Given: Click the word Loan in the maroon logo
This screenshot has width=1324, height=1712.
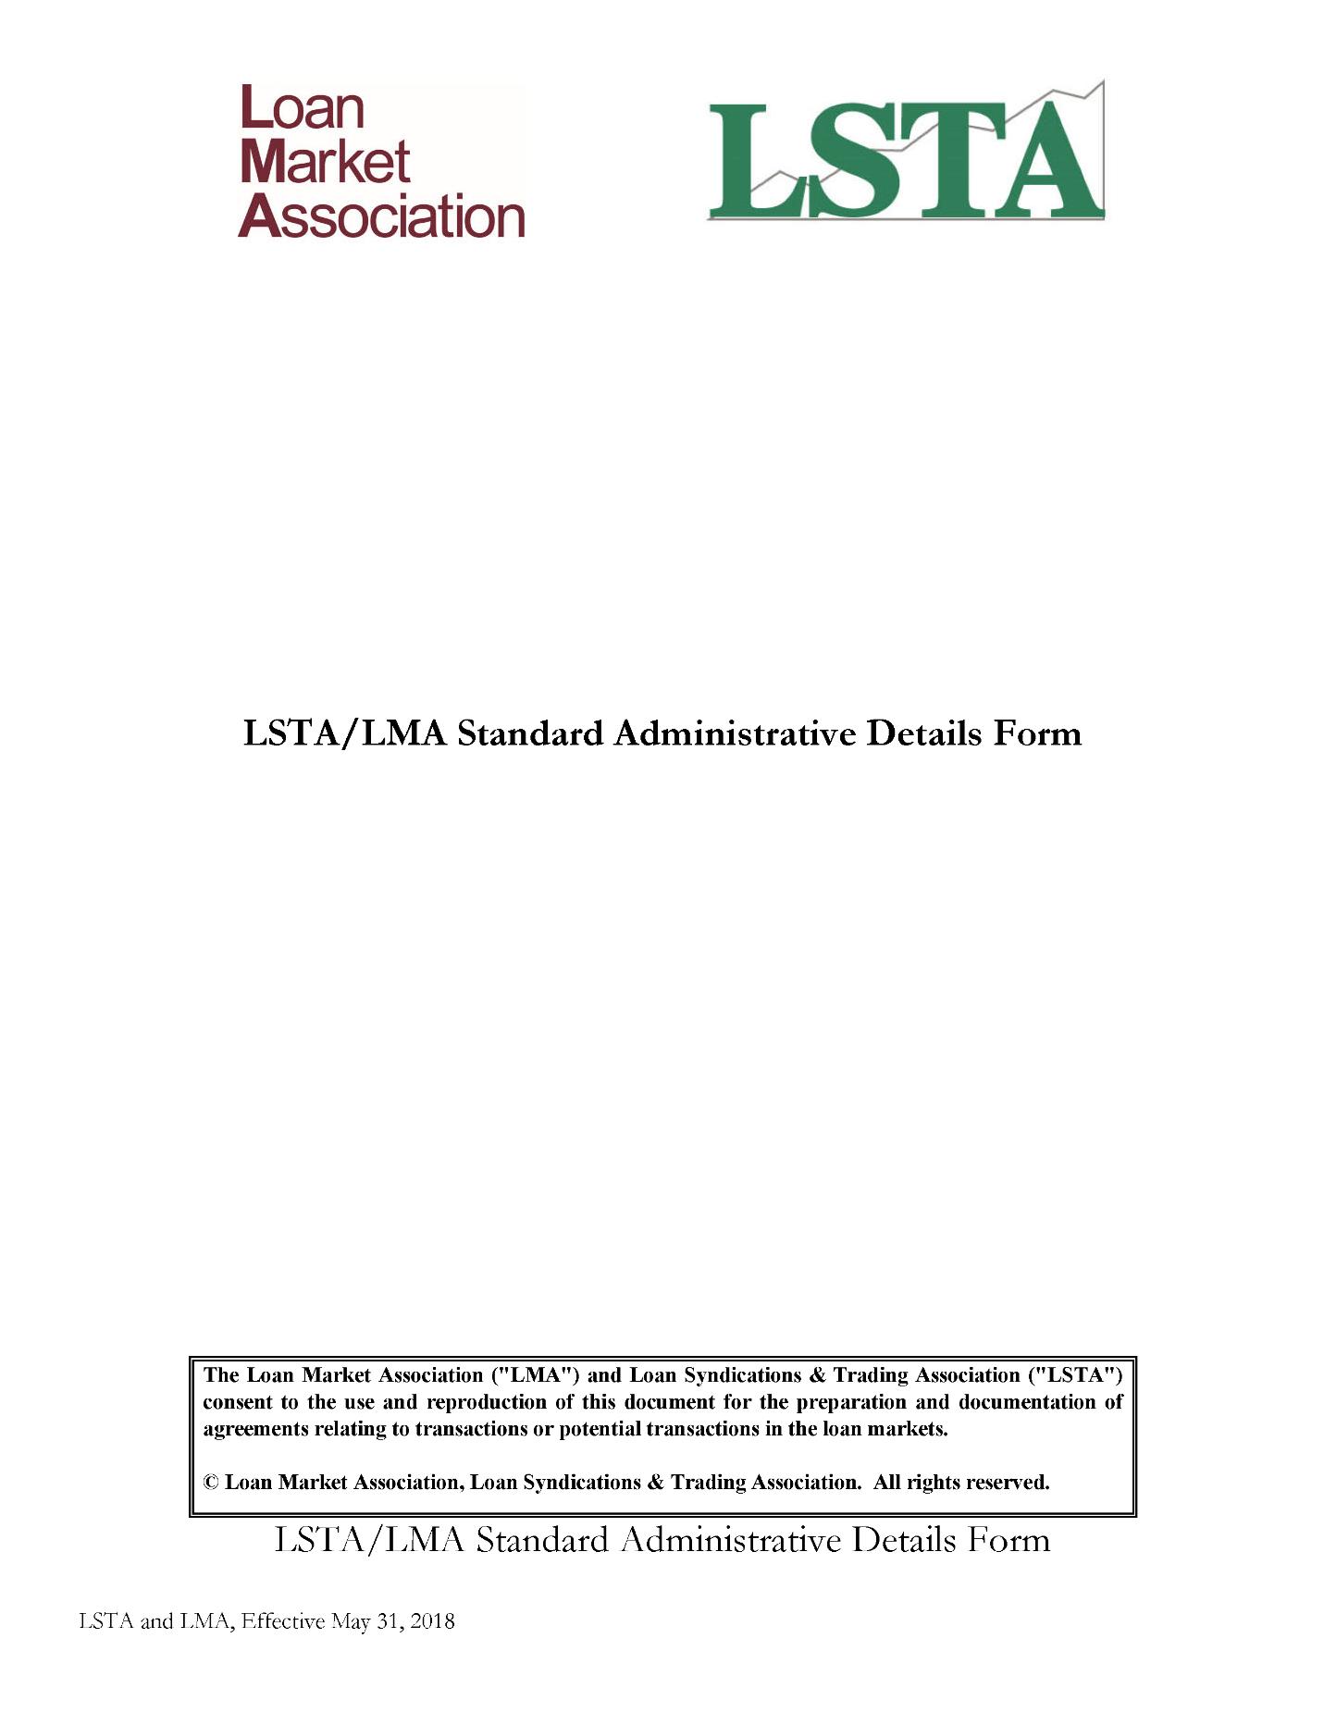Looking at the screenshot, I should pos(302,108).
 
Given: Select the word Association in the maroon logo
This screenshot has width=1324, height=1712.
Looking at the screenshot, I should pos(381,216).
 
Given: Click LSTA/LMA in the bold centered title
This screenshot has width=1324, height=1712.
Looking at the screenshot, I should pos(344,733).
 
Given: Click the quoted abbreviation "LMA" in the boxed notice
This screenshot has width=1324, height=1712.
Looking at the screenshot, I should pos(539,1374).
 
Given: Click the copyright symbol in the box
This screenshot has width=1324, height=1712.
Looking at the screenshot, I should pos(211,1483).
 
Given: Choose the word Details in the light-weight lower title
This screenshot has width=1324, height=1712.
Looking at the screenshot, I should pos(903,1540).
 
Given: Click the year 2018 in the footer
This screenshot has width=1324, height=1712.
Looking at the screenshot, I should pos(432,1621).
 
